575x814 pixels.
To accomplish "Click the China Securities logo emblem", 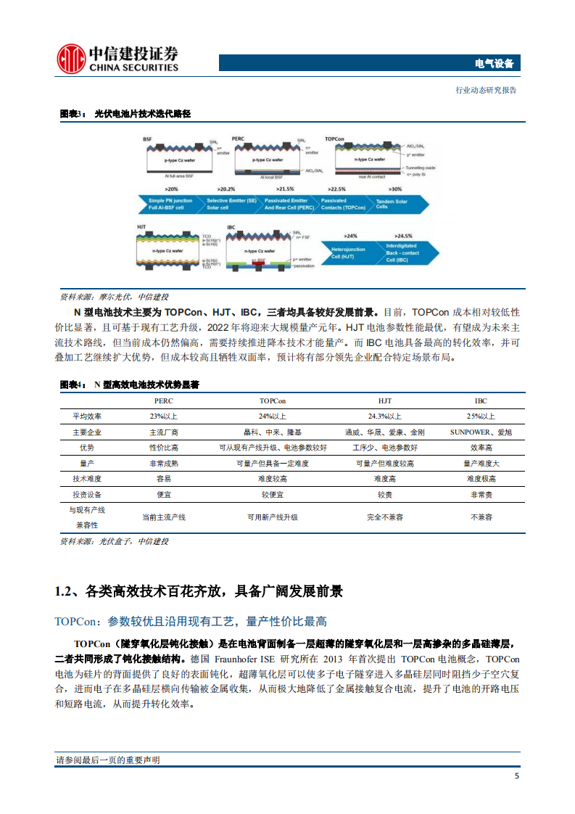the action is pos(72,57).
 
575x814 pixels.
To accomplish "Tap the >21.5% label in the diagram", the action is pos(286,188).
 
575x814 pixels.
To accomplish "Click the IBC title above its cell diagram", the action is pos(231,227).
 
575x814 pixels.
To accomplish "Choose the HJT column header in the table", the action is pos(385,401).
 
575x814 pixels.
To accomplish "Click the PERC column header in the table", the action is pos(164,401).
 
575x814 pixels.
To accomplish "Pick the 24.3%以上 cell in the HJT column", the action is pos(385,416).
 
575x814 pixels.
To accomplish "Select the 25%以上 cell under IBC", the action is pos(481,416).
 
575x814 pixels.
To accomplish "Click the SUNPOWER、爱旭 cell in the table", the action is pos(481,432).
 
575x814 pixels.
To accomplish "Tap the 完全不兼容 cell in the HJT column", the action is pos(385,517).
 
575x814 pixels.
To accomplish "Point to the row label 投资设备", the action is pos(87,495).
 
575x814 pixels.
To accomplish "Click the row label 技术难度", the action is pos(87,479).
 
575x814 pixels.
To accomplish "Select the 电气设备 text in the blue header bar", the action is pos(494,64).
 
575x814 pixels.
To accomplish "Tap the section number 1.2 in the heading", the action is pos(64,592).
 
